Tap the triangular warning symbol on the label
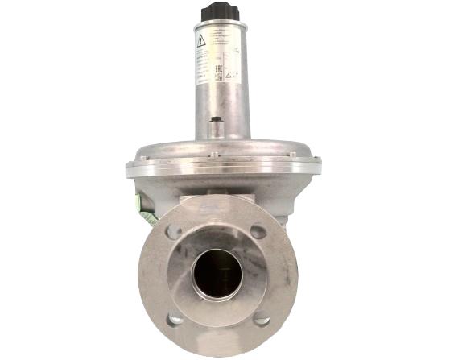tap(201, 39)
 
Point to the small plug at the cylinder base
tap(216, 126)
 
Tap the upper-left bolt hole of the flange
tap(174, 232)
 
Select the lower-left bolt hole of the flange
tap(175, 318)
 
